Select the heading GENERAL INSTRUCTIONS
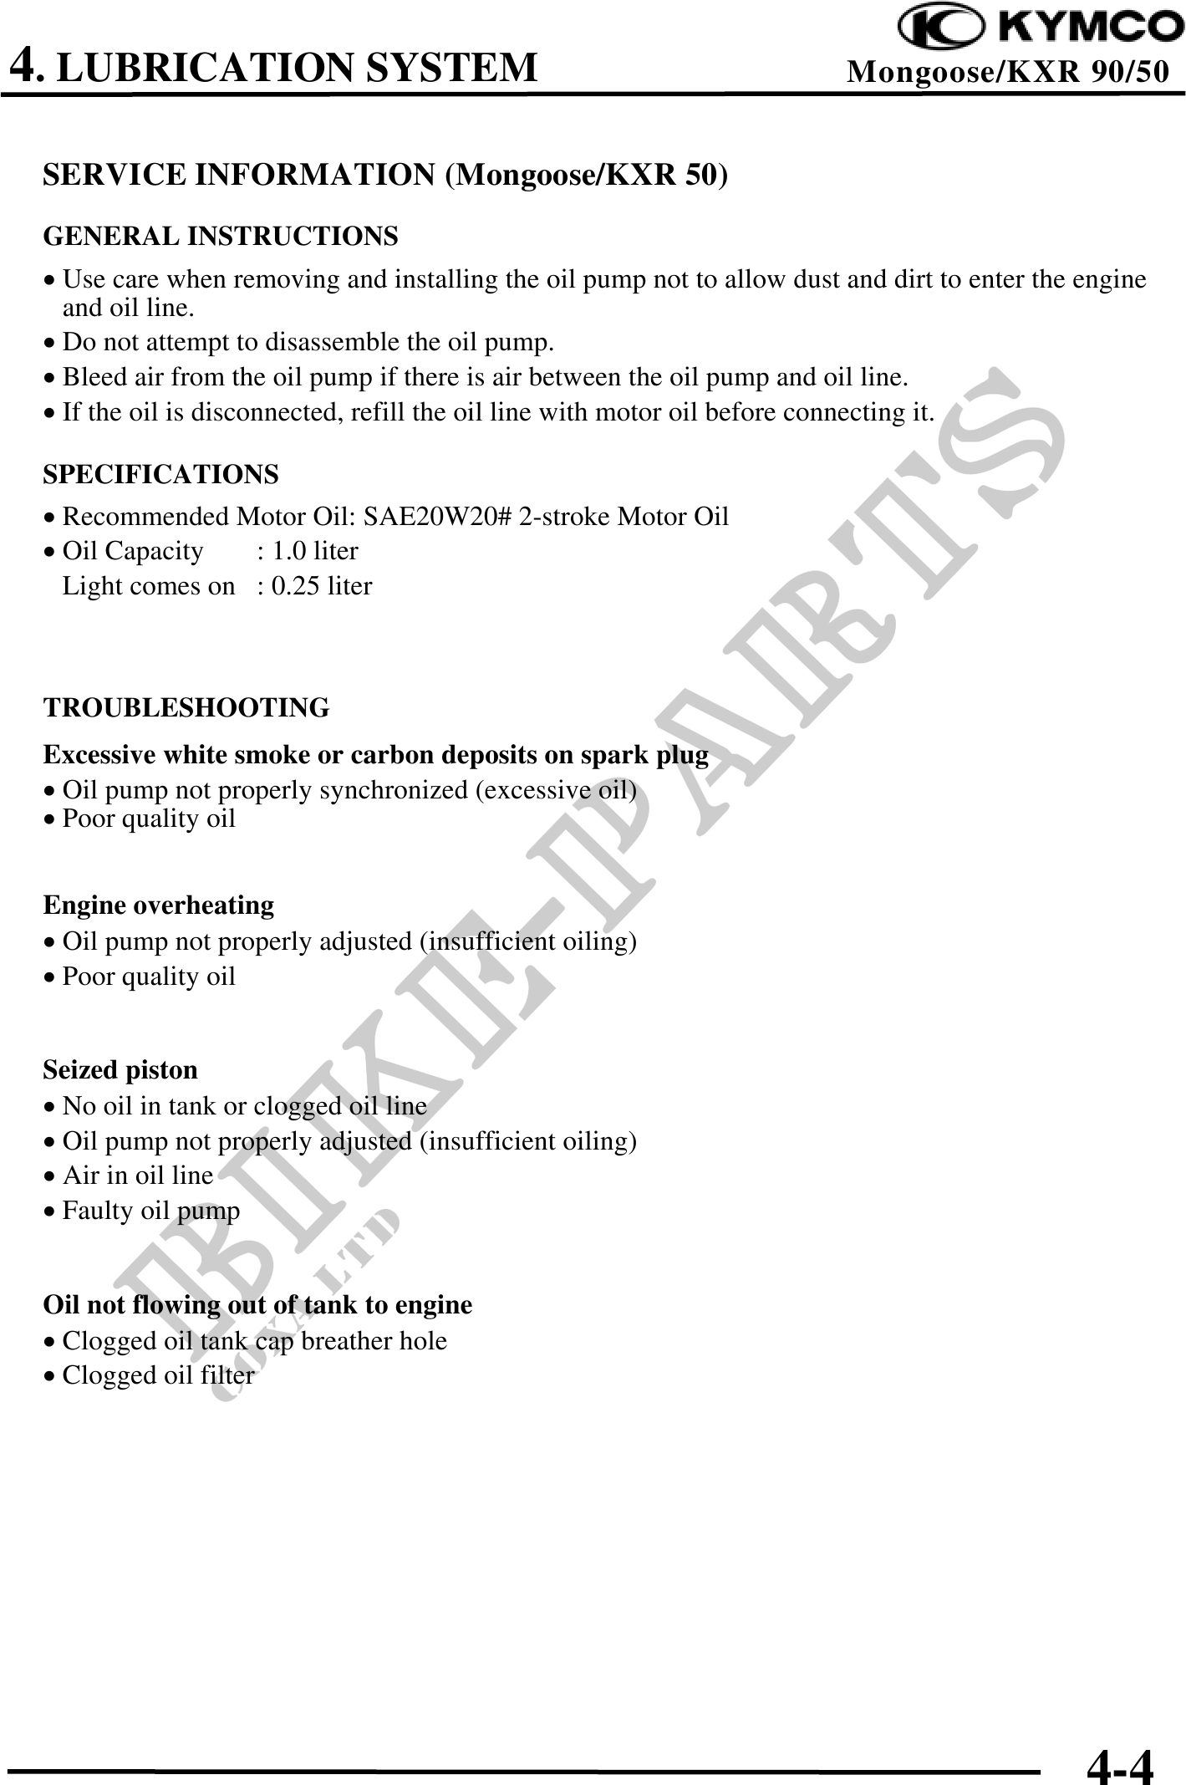tap(221, 237)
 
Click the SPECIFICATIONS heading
tap(160, 475)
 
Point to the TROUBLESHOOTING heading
tap(186, 708)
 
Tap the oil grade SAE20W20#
tap(437, 517)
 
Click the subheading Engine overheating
tap(159, 905)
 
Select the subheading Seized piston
tap(120, 1070)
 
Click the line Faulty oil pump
tap(150, 1211)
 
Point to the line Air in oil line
tap(138, 1176)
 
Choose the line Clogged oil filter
tap(158, 1375)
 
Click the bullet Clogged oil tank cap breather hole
tap(254, 1341)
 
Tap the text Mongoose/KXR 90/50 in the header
tap(1007, 73)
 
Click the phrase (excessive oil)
tap(556, 790)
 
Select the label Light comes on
tap(149, 586)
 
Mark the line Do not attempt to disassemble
tap(308, 343)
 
